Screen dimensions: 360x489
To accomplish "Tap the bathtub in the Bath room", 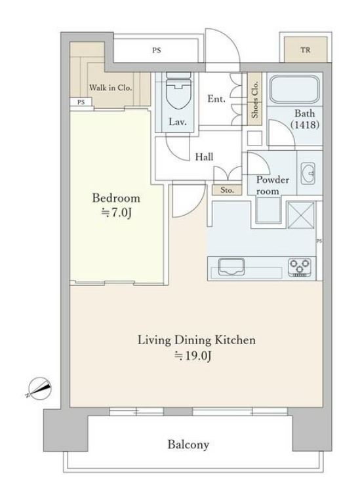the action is coord(294,89).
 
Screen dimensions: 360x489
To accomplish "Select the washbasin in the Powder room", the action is coord(308,173).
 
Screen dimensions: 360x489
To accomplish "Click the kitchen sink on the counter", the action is coord(231,267).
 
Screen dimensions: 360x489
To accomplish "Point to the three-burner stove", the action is coord(300,267).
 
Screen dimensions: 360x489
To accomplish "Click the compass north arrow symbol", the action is coord(39,388).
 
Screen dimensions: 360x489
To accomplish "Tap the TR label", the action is coord(306,50).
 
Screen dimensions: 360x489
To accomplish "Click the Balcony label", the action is coord(188,444).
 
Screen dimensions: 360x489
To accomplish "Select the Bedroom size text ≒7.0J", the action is coord(116,212).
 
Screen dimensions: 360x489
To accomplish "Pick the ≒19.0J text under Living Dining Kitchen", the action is coord(193,355).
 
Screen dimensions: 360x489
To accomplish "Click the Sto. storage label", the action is coord(227,190).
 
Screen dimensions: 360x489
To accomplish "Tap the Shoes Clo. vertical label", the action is coord(255,100).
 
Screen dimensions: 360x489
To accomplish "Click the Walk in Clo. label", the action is coord(110,88).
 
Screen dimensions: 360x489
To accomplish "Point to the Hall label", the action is coord(205,157).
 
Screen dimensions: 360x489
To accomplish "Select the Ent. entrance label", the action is coord(216,99).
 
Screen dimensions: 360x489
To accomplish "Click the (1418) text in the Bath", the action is coord(305,125).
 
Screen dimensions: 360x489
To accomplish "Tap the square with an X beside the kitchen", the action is coord(301,214).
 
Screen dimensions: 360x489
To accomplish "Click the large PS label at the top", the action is coord(157,50).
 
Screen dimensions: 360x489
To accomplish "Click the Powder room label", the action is coord(272,186).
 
